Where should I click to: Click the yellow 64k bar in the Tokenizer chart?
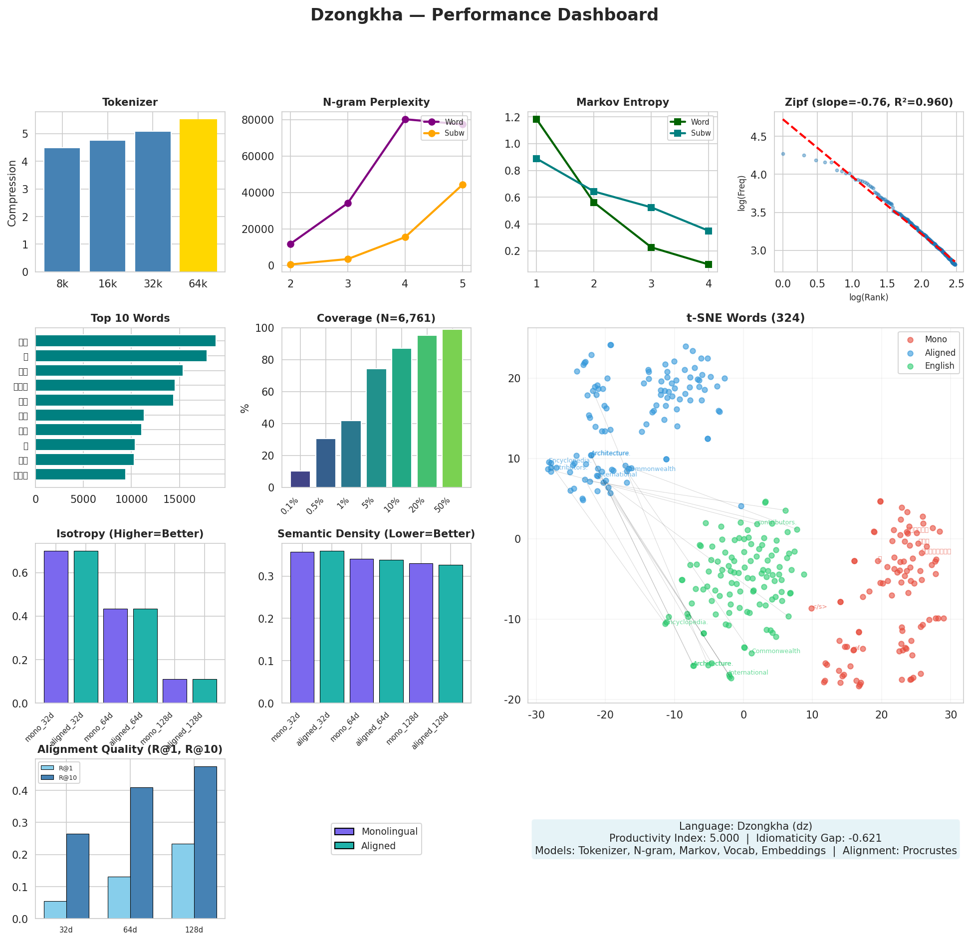(198, 196)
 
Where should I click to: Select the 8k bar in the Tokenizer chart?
(62, 210)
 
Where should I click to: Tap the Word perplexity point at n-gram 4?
(405, 119)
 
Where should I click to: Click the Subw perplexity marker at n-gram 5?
(463, 185)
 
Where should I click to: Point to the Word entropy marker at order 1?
(536, 119)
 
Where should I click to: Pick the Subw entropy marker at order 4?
(709, 231)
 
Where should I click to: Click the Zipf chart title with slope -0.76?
(869, 102)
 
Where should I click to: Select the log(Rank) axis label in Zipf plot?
(869, 297)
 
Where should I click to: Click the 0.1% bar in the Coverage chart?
(300, 479)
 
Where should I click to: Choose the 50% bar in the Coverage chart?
(452, 408)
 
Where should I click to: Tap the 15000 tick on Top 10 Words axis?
(180, 499)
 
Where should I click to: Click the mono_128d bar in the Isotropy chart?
(175, 691)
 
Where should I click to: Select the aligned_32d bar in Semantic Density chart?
(332, 627)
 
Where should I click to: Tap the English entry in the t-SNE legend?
(939, 366)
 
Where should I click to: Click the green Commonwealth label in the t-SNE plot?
(776, 651)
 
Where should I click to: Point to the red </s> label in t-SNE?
(819, 607)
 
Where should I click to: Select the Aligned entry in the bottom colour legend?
(378, 846)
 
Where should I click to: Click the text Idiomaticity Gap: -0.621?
(819, 838)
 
